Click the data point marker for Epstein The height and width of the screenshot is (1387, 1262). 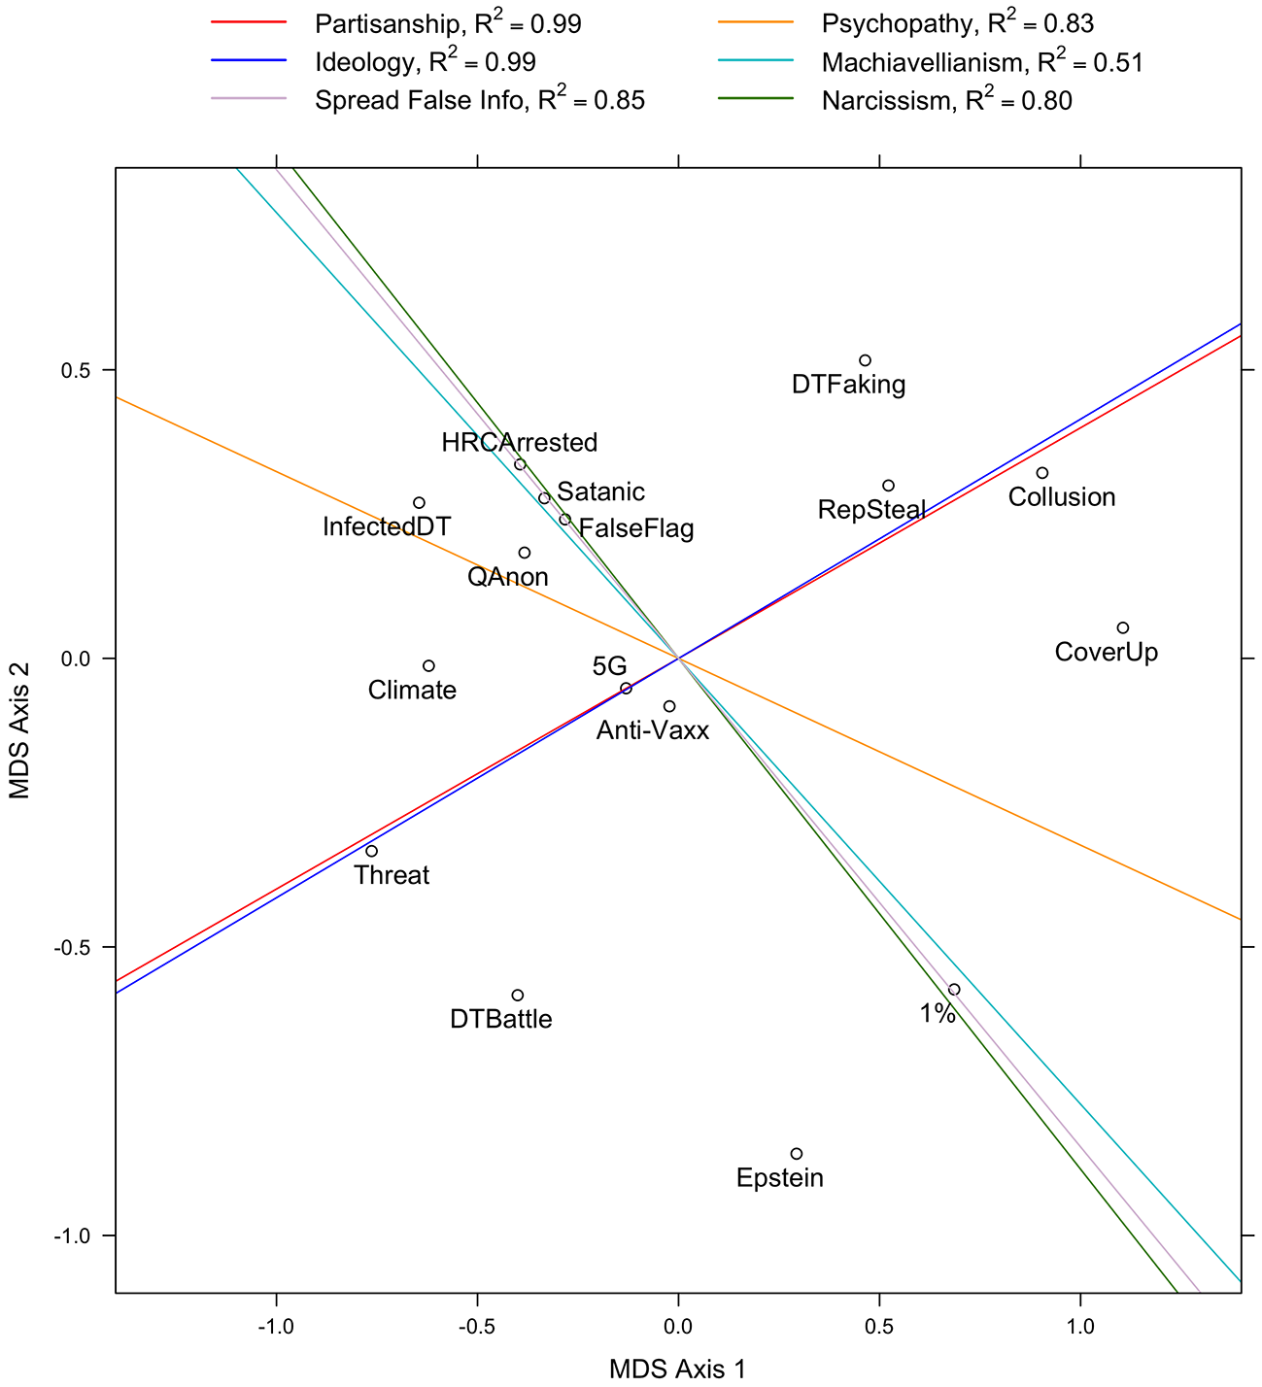pos(797,1154)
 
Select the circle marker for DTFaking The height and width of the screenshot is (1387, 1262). pos(865,360)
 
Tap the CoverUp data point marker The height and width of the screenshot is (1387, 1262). pos(1123,627)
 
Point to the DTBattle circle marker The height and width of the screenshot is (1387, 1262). pos(518,996)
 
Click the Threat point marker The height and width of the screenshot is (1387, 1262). pos(371,851)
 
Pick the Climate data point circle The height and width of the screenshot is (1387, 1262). pos(429,666)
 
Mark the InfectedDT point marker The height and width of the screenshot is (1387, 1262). pos(420,503)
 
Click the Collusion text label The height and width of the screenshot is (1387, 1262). pos(1062,497)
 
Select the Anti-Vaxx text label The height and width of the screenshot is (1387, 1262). pos(653,730)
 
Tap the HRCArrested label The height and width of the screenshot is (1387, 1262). pos(520,443)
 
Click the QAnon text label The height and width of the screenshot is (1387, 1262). pos(508,577)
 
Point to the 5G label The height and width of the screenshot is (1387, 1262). pos(609,666)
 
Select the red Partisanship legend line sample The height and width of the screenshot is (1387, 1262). pos(249,22)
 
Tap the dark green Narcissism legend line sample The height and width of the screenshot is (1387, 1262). pos(756,98)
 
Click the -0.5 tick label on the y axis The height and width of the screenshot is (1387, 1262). pos(73,947)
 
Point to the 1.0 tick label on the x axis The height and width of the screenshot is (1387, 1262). pos(1080,1326)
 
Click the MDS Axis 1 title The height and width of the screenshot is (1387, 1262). pos(677,1369)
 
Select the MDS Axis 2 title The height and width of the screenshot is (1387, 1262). pos(19,730)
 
